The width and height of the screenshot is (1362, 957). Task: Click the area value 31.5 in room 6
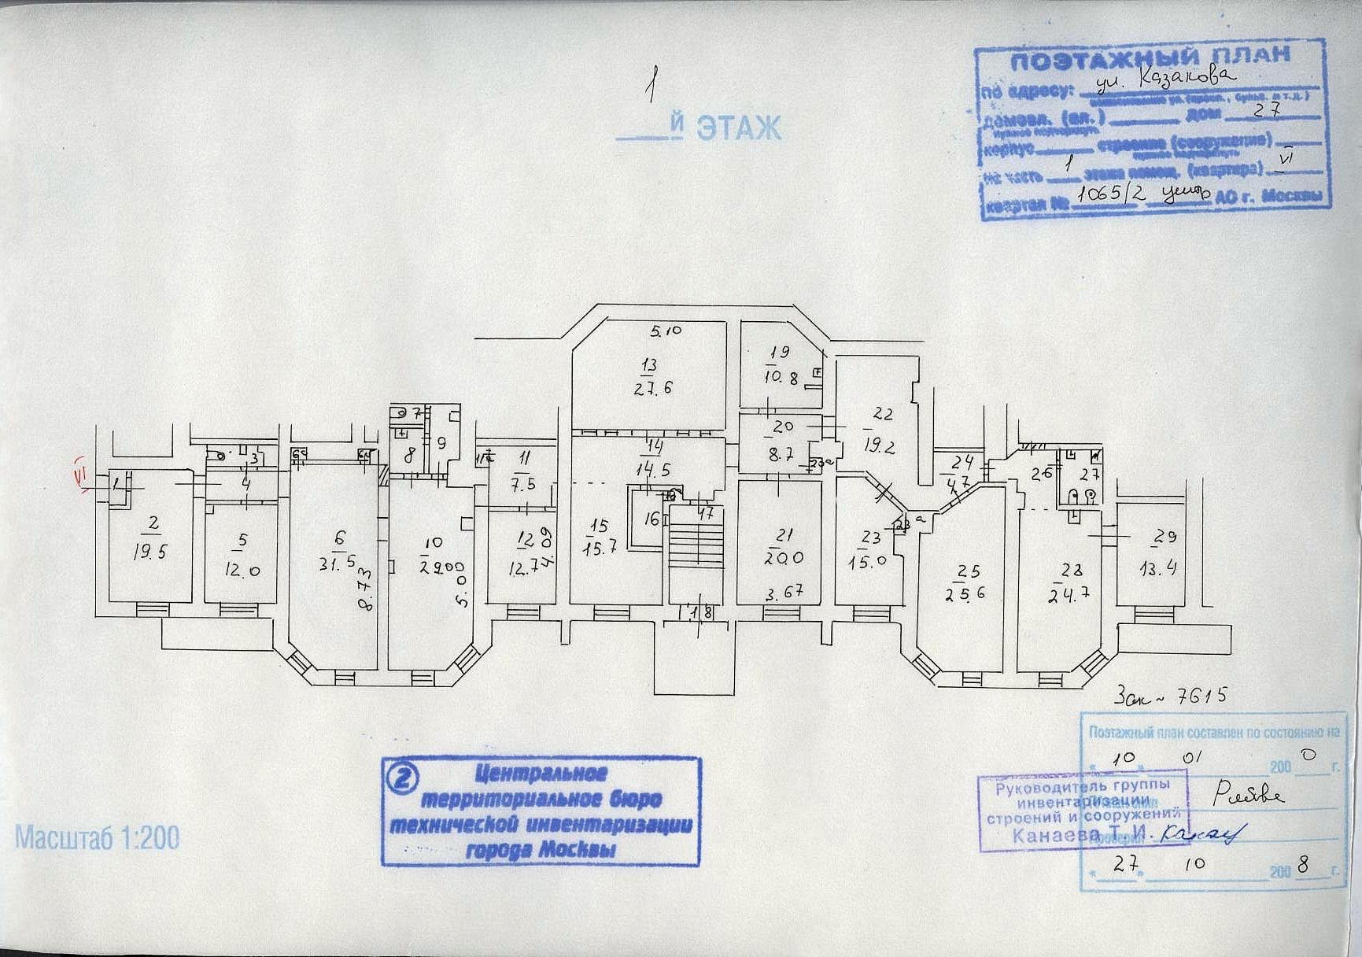pos(338,564)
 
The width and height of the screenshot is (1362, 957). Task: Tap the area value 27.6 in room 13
pos(653,388)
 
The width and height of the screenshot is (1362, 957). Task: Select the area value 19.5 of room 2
pos(149,552)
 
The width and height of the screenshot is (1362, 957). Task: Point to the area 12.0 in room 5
pos(242,571)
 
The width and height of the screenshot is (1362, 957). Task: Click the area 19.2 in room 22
pos(879,446)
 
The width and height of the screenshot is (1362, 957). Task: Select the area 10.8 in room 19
pos(781,379)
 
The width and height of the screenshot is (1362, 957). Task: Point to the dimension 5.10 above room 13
pos(666,331)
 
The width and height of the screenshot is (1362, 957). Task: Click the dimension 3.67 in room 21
pos(784,592)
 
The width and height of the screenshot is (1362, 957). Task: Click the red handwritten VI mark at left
pos(79,475)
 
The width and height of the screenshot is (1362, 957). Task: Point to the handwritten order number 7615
pos(1199,696)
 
